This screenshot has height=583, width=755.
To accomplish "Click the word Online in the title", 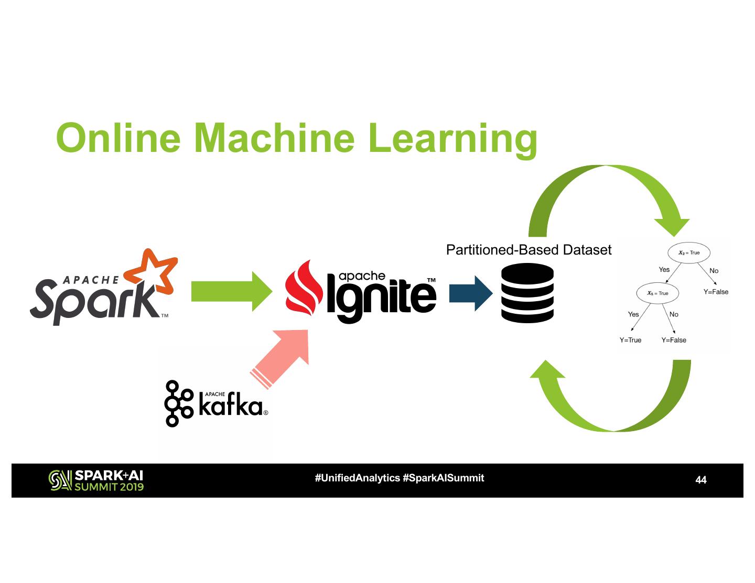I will point(118,138).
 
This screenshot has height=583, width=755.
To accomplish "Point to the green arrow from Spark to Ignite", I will point(230,291).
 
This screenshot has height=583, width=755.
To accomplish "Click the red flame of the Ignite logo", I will point(304,291).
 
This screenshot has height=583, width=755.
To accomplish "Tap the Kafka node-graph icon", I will point(179,403).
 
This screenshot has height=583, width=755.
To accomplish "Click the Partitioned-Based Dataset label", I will point(528,250).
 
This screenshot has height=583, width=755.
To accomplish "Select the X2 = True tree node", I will point(688,252).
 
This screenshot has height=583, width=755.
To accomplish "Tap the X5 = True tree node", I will point(657,293).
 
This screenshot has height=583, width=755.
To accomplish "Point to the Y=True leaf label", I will point(630,340).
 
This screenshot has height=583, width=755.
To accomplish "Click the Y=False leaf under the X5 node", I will point(673,340).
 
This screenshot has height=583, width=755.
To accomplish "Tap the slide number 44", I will point(700,480).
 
